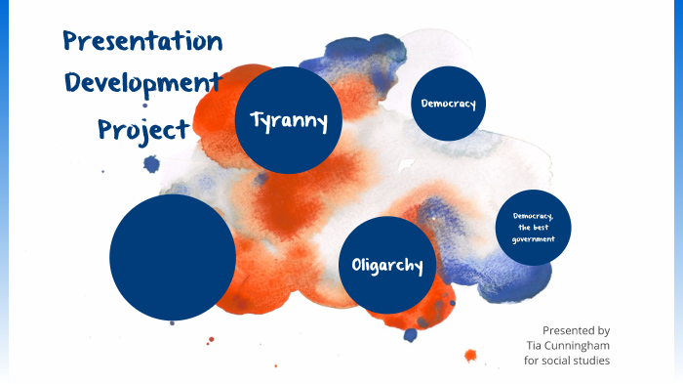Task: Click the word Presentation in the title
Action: (x=142, y=42)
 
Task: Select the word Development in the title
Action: (x=142, y=83)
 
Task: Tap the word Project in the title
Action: (x=142, y=128)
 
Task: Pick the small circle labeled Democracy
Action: (x=448, y=103)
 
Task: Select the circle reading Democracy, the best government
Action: (x=533, y=227)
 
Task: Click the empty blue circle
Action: (x=173, y=258)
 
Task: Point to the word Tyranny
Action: (x=288, y=120)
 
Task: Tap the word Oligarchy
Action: (x=386, y=265)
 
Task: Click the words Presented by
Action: (x=576, y=330)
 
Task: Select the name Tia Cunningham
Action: (x=567, y=346)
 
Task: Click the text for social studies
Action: (x=567, y=361)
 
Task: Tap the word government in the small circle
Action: (x=533, y=238)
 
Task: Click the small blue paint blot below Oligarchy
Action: (x=411, y=335)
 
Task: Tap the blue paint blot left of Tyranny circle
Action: (x=152, y=164)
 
